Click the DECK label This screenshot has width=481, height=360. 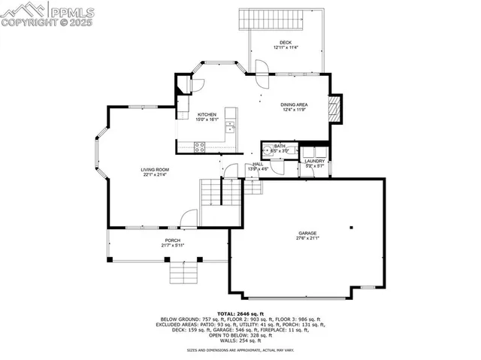tap(285, 42)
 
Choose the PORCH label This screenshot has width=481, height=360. tap(173, 241)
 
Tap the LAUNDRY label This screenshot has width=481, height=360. tap(314, 160)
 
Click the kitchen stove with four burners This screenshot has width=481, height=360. tap(200, 147)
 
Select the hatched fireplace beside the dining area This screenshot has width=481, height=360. tap(336, 109)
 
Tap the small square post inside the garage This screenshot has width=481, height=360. tap(351, 227)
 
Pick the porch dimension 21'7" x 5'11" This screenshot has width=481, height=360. tap(173, 246)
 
